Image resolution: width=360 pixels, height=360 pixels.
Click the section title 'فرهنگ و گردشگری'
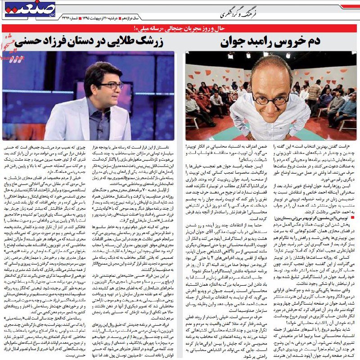239,14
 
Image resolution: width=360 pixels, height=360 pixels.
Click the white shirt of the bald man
270,128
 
